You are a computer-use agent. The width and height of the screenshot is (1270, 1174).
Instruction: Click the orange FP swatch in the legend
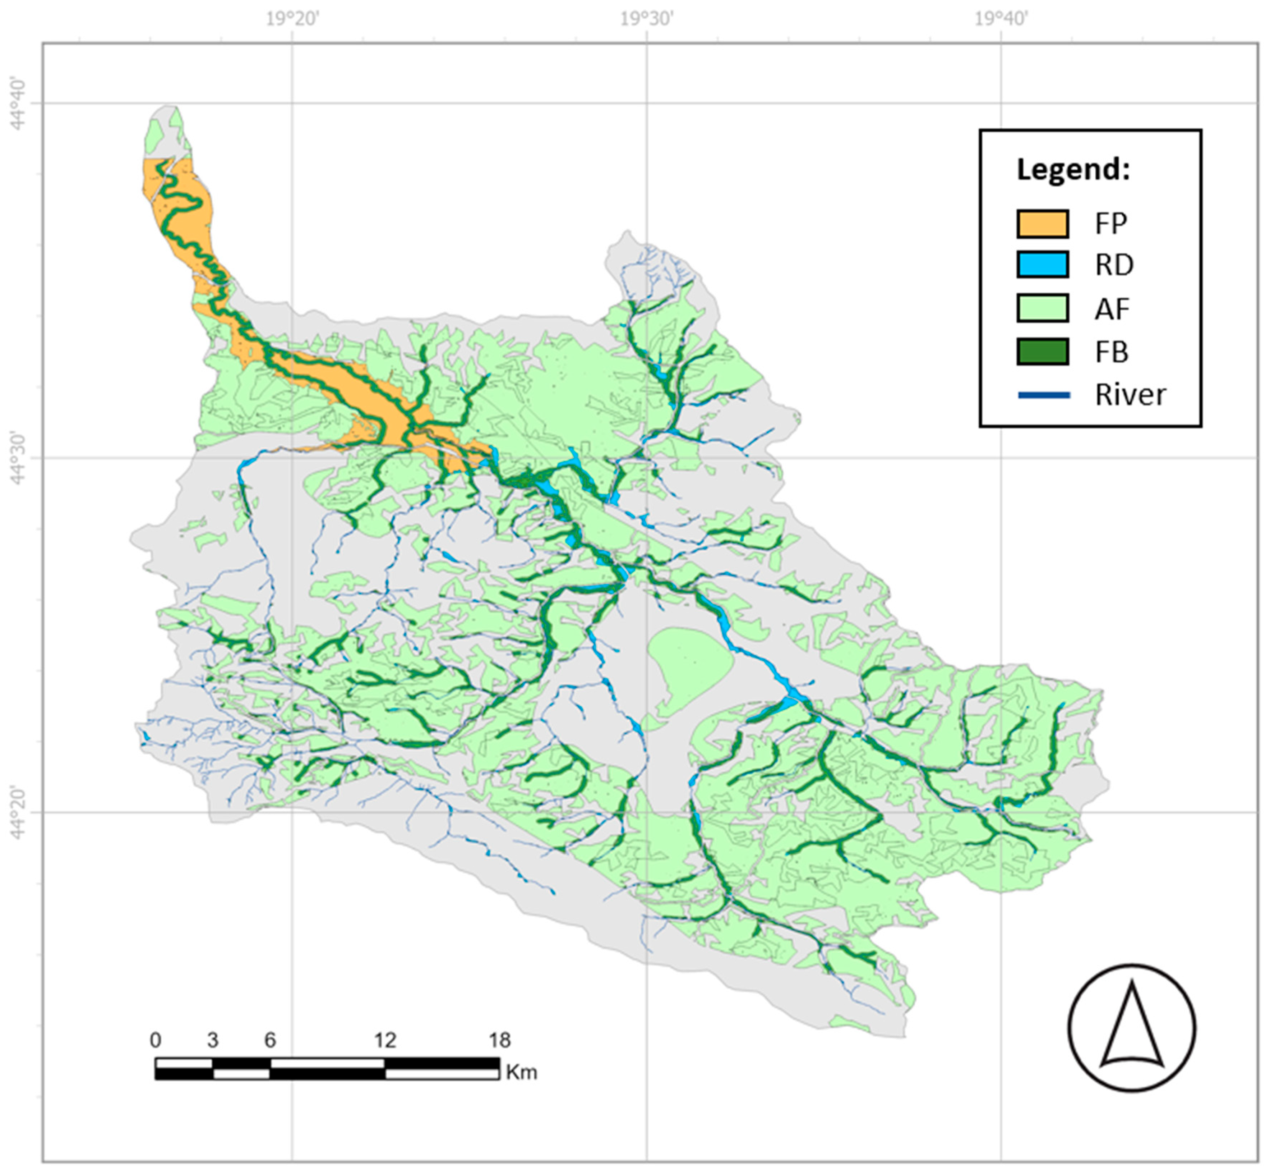[1042, 224]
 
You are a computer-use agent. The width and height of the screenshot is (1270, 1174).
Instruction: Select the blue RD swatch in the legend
[1042, 264]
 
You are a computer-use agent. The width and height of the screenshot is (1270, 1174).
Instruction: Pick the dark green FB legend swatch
[1042, 351]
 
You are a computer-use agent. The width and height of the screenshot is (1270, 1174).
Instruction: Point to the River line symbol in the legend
[1043, 395]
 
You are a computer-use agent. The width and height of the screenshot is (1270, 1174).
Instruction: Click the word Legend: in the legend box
[1073, 170]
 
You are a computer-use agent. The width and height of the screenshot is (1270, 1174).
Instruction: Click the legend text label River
[1130, 395]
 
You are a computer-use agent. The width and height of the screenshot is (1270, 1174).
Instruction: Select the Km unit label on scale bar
[521, 1072]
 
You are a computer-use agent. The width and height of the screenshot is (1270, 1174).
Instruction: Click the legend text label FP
[1110, 224]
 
